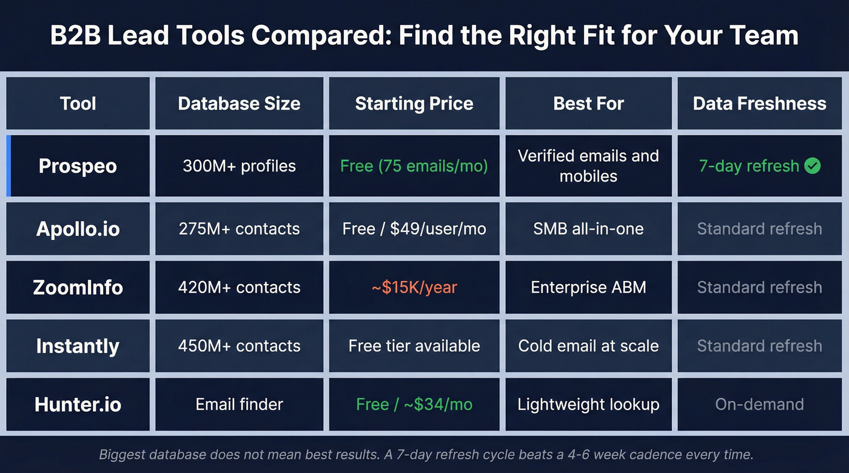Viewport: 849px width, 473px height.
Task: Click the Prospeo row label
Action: (x=78, y=166)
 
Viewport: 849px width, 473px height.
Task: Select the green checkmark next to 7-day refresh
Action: (x=812, y=166)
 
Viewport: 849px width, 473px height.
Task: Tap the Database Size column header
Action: (x=239, y=104)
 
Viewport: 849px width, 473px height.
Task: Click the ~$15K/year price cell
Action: (x=414, y=287)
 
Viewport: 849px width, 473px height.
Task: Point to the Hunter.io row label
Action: (x=78, y=405)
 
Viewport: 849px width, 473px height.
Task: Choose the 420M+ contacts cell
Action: (x=239, y=287)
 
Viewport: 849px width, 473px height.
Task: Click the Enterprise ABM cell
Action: (x=588, y=287)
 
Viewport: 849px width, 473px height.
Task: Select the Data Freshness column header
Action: (x=759, y=104)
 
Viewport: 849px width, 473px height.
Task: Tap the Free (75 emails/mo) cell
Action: (x=414, y=166)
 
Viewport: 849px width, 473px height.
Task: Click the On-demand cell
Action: (x=759, y=405)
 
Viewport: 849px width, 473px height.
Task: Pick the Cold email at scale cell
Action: (x=588, y=346)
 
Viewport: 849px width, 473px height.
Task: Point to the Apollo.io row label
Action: (x=78, y=229)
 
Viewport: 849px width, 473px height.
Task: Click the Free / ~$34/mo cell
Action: (x=414, y=405)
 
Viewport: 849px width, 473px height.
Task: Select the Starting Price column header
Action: (x=414, y=104)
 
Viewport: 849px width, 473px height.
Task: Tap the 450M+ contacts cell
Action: (x=239, y=346)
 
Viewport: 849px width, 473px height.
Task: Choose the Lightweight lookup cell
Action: (x=588, y=405)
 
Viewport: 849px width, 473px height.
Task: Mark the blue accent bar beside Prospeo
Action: (x=8, y=166)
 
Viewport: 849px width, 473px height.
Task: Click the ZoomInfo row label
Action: (x=78, y=287)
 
